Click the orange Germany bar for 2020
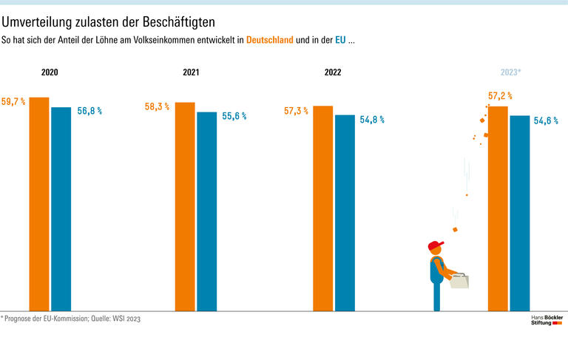point(38,203)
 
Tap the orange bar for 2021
point(185,206)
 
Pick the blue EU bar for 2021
point(207,211)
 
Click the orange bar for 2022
point(322,208)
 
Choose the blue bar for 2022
point(345,212)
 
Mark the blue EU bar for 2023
point(520,213)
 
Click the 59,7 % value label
point(13,101)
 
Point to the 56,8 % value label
point(89,111)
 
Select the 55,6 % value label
point(234,116)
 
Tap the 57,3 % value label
point(296,111)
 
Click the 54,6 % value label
point(546,120)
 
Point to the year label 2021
point(192,73)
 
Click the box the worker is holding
point(459,281)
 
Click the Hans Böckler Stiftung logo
point(547,320)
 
